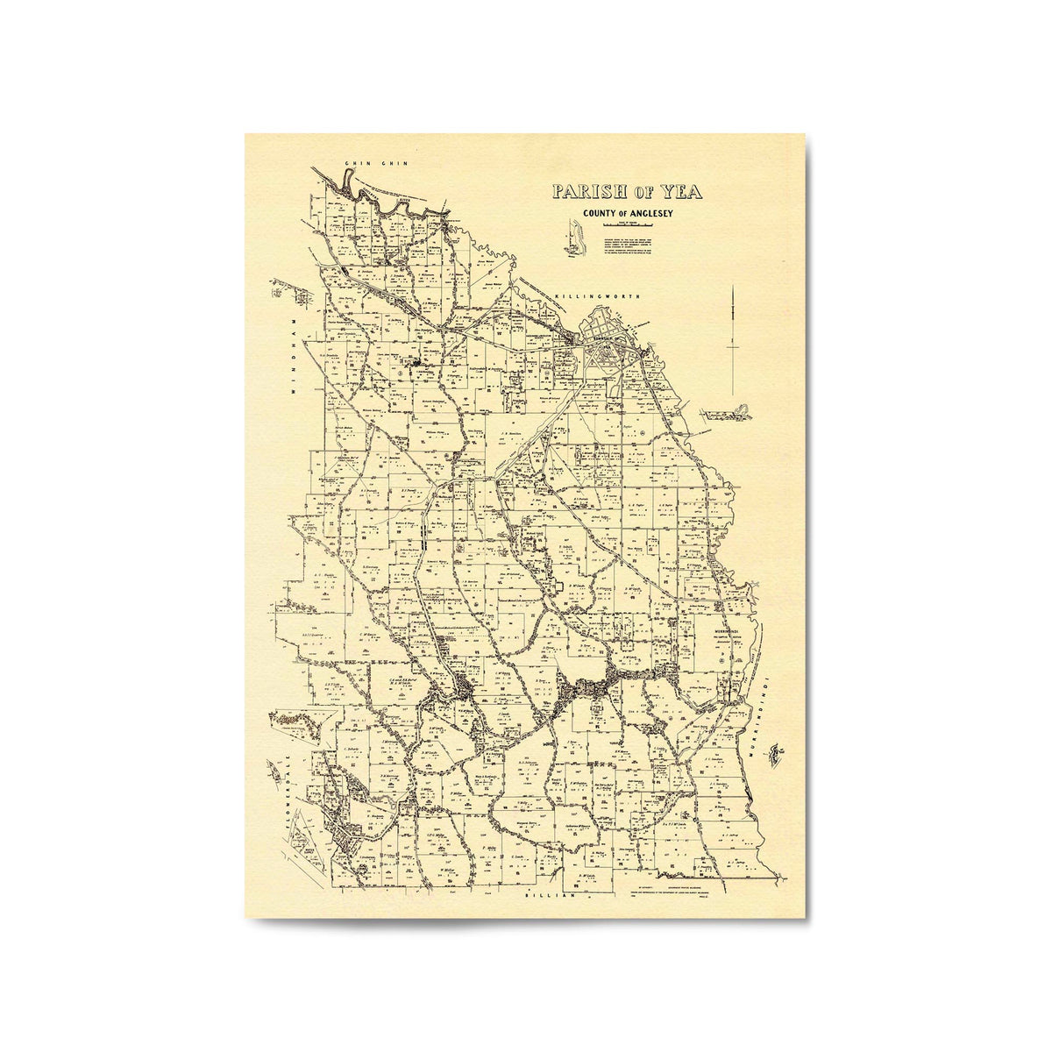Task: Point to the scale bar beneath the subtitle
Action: click(626, 225)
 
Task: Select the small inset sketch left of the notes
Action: click(573, 238)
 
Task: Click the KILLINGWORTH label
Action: click(604, 297)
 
